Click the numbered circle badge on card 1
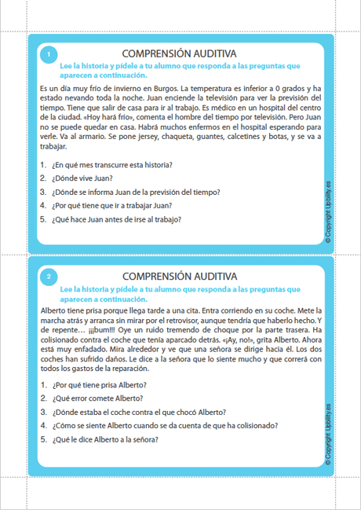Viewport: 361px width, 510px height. pyautogui.click(x=49, y=54)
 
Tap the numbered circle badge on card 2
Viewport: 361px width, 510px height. pyautogui.click(x=49, y=277)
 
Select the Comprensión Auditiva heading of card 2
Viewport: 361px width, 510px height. pyautogui.click(x=180, y=277)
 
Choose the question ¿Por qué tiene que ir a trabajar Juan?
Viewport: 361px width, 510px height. pyautogui.click(x=111, y=205)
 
